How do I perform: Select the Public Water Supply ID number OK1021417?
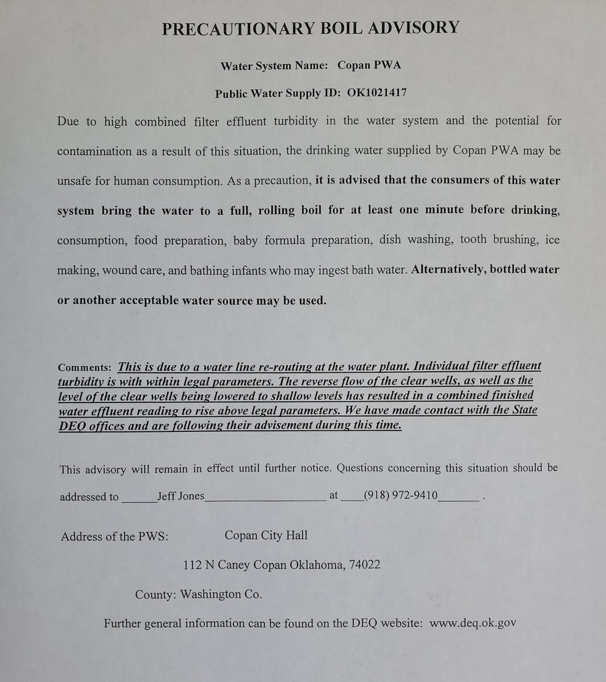coord(377,93)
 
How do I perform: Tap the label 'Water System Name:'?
coord(274,66)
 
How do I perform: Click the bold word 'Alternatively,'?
coord(448,269)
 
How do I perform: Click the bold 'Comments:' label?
coord(85,368)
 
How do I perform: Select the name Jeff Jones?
coord(180,496)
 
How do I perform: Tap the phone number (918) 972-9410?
coord(401,495)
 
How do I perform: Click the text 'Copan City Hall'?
coord(266,535)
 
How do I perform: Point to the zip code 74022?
coord(365,565)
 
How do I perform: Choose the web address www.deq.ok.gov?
coord(473,622)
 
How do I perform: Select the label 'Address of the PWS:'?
coord(114,537)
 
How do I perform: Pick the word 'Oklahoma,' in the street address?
coord(317,565)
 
